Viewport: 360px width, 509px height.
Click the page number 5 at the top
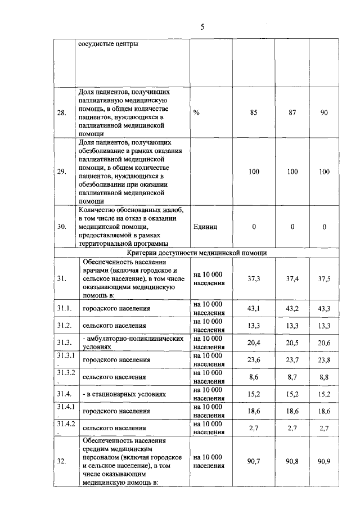[202, 27]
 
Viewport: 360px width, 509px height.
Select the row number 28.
[62, 112]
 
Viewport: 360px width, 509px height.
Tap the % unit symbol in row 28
[196, 112]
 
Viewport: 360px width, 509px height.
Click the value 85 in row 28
[254, 112]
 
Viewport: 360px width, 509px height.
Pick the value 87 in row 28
[292, 112]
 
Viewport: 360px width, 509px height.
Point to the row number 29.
[62, 172]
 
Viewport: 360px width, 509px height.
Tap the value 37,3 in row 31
[254, 278]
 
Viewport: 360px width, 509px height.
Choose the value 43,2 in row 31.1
[292, 309]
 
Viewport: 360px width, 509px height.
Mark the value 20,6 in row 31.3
[324, 343]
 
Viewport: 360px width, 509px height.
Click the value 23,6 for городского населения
[254, 360]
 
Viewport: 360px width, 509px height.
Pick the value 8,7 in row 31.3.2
[292, 377]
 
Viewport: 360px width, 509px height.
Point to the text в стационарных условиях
[124, 394]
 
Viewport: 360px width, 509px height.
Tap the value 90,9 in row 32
[324, 461]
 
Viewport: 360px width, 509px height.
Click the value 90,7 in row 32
[254, 461]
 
